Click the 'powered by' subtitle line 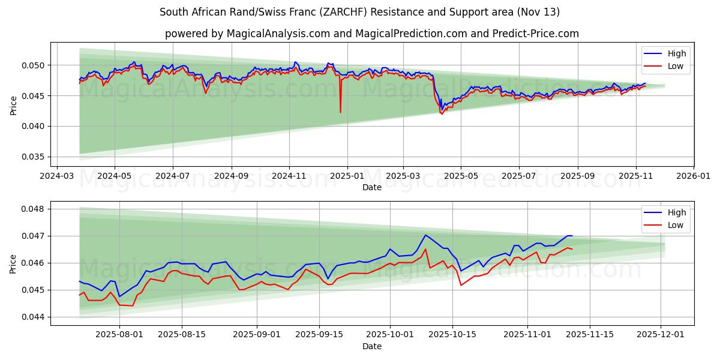point(372,34)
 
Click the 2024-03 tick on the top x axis point(57,176)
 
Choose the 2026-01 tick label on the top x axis point(694,176)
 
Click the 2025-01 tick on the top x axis point(347,176)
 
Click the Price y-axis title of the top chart point(13,106)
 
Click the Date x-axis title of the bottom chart point(372,347)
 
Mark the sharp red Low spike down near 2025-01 point(340,112)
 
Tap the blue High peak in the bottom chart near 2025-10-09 point(425,235)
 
